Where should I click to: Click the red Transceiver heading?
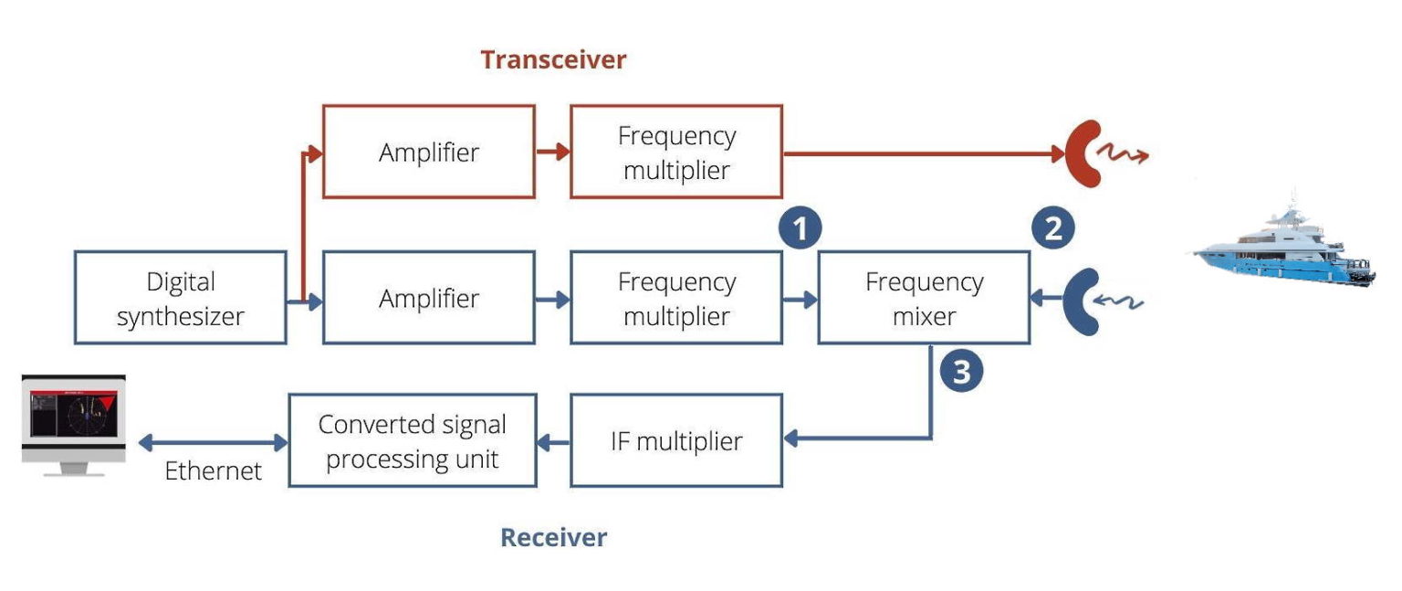553,60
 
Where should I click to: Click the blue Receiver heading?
553,537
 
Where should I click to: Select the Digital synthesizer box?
181,298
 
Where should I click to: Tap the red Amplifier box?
428,152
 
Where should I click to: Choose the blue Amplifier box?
428,298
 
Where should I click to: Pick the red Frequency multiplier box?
676,152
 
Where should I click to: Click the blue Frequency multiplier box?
676,298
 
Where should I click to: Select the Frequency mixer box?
924,298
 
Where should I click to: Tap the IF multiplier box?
676,441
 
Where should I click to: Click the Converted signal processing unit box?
412,441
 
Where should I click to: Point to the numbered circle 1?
800,229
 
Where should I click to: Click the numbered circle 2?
1052,228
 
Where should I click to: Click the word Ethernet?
214,471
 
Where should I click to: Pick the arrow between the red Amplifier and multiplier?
552,152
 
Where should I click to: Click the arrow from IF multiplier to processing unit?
552,442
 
